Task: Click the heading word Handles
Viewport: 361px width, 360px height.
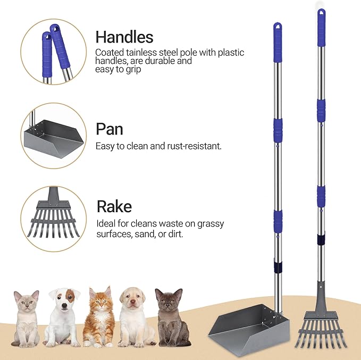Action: click(x=124, y=37)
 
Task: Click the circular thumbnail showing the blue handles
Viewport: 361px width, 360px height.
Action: click(x=54, y=52)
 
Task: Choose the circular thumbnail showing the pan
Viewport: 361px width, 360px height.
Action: click(x=54, y=135)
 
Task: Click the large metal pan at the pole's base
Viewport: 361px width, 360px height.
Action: click(x=245, y=326)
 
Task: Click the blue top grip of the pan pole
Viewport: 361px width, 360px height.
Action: click(x=277, y=35)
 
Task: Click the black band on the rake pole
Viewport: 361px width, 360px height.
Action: click(x=321, y=240)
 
